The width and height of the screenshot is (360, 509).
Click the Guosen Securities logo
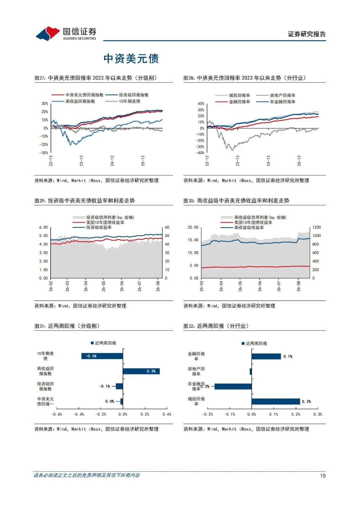(x=66, y=33)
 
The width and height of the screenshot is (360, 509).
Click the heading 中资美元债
(x=131, y=59)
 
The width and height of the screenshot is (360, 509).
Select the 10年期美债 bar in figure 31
(x=102, y=356)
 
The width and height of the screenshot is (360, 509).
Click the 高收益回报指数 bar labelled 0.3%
(x=141, y=371)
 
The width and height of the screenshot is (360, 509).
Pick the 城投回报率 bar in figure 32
(x=276, y=402)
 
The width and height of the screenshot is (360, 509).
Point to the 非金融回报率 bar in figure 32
(x=233, y=387)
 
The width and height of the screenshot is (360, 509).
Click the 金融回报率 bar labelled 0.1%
(x=266, y=356)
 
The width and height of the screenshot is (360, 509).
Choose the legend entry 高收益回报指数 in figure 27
(x=73, y=101)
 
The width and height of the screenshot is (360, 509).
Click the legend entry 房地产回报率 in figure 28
(x=276, y=95)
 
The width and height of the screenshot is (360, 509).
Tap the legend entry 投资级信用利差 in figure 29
(x=103, y=217)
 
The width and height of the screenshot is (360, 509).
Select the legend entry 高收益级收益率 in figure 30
(x=242, y=227)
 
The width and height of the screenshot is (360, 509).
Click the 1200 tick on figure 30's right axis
(x=317, y=227)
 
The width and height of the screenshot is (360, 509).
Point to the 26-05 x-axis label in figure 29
(x=104, y=286)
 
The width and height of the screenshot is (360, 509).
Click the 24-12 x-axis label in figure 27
(x=112, y=161)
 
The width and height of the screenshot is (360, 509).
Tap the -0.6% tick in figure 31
(x=57, y=414)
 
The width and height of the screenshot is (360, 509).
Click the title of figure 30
(x=236, y=201)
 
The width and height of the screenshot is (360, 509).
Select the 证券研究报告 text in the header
(x=307, y=34)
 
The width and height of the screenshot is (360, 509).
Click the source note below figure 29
(x=80, y=306)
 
